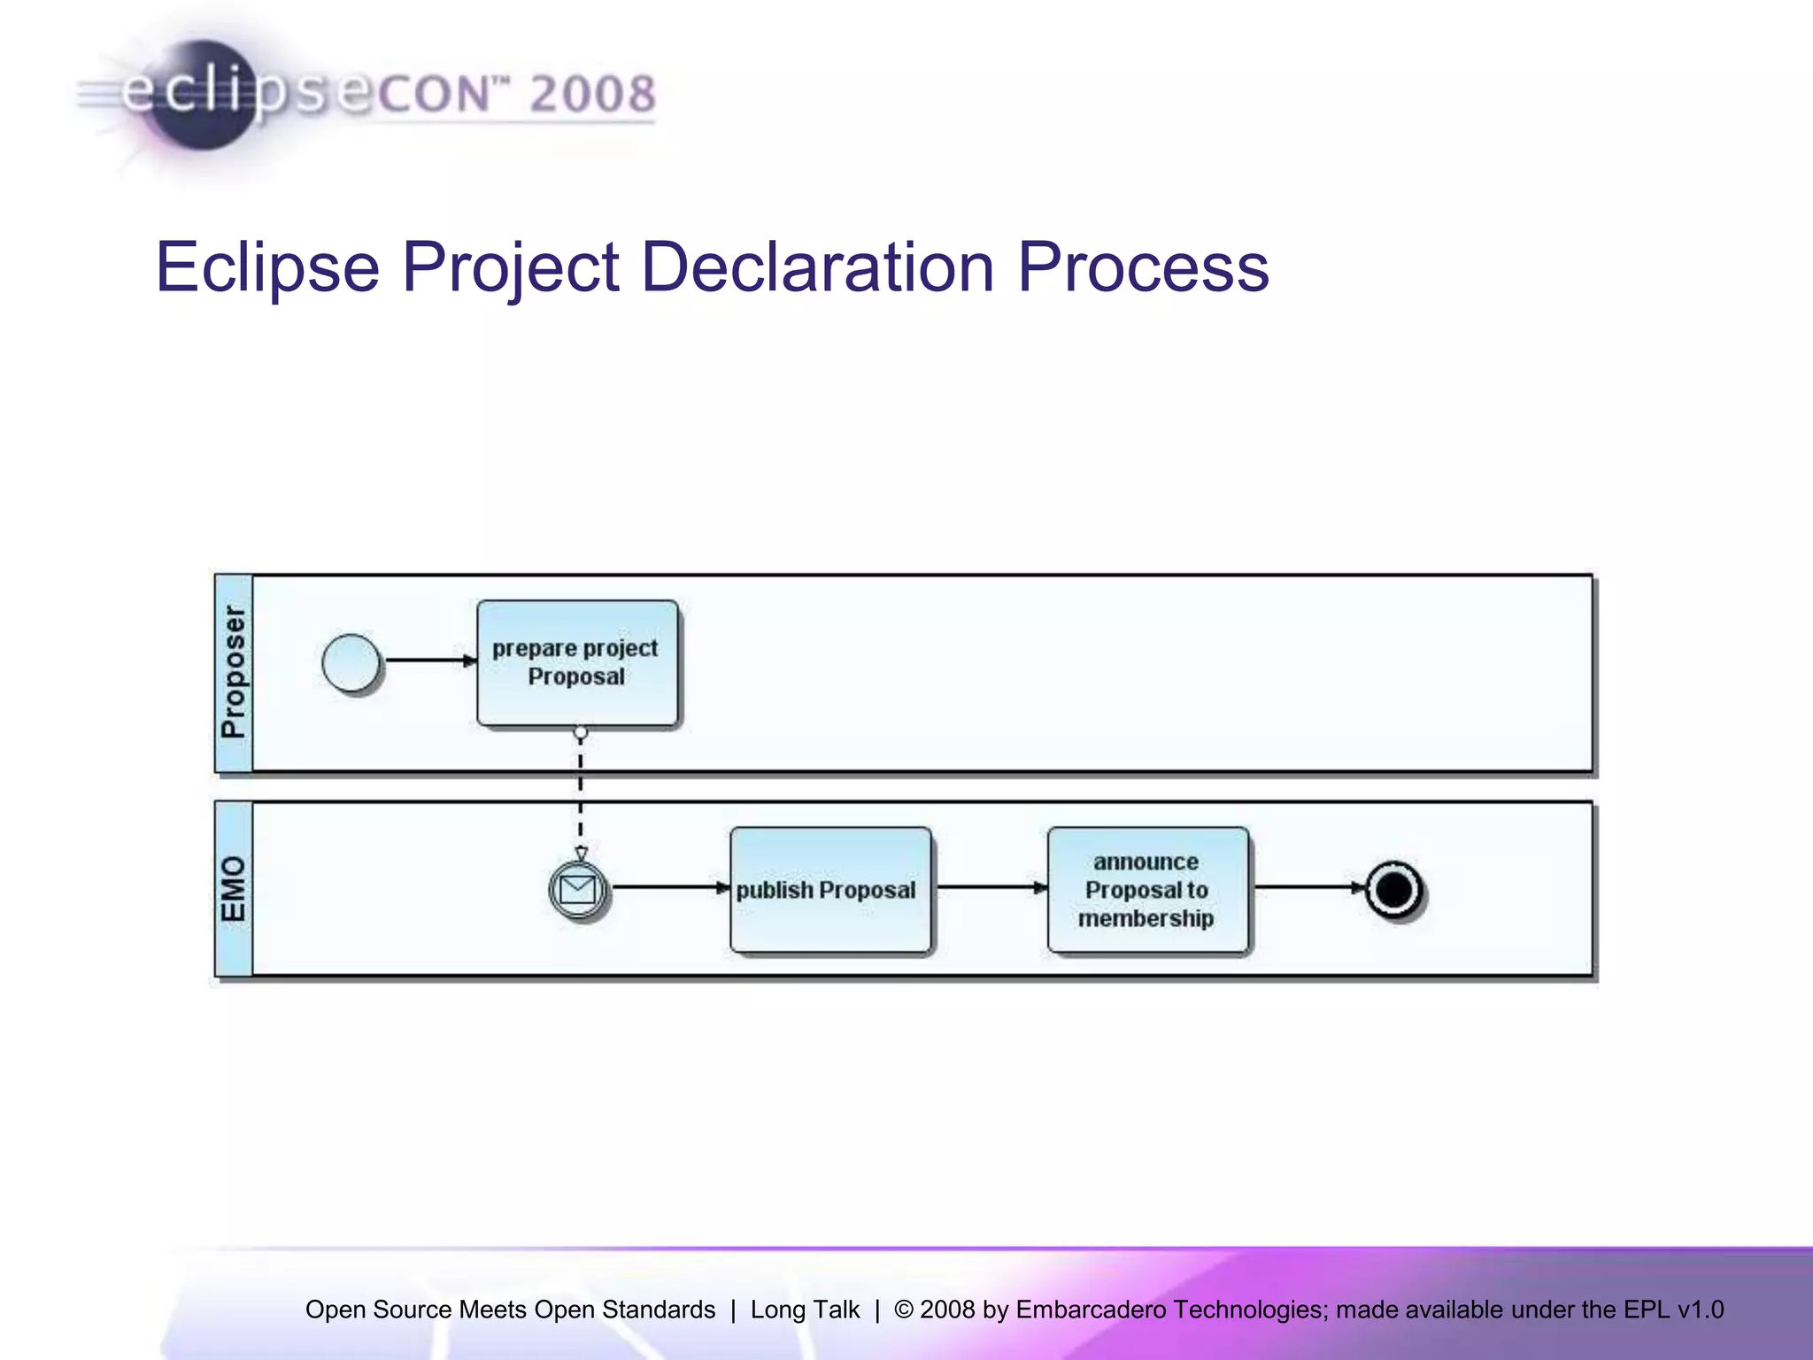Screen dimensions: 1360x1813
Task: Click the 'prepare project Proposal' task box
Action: pyautogui.click(x=577, y=663)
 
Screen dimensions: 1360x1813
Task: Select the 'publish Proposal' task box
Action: pyautogui.click(x=829, y=890)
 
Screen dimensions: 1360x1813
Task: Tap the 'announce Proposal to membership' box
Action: pyautogui.click(x=1147, y=890)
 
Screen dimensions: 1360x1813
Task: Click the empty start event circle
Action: pyautogui.click(x=351, y=661)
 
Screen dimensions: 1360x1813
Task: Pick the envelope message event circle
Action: pyautogui.click(x=578, y=889)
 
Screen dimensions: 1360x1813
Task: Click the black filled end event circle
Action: pyautogui.click(x=1394, y=889)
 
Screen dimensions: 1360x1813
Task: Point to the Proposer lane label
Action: pyautogui.click(x=234, y=672)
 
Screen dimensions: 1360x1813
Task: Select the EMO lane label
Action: pyautogui.click(x=234, y=888)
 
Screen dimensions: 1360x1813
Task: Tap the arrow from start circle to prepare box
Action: pyautogui.click(x=429, y=661)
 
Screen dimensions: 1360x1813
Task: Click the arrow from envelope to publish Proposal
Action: pyautogui.click(x=668, y=887)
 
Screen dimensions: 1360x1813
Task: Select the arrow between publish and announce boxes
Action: pyautogui.click(x=990, y=887)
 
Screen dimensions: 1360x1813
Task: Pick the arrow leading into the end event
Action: pyautogui.click(x=1308, y=887)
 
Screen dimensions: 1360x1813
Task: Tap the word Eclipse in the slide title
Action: pyautogui.click(x=267, y=267)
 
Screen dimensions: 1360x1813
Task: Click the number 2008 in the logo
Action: pyautogui.click(x=592, y=94)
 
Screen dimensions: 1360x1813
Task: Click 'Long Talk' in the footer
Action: pyautogui.click(x=805, y=1310)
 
